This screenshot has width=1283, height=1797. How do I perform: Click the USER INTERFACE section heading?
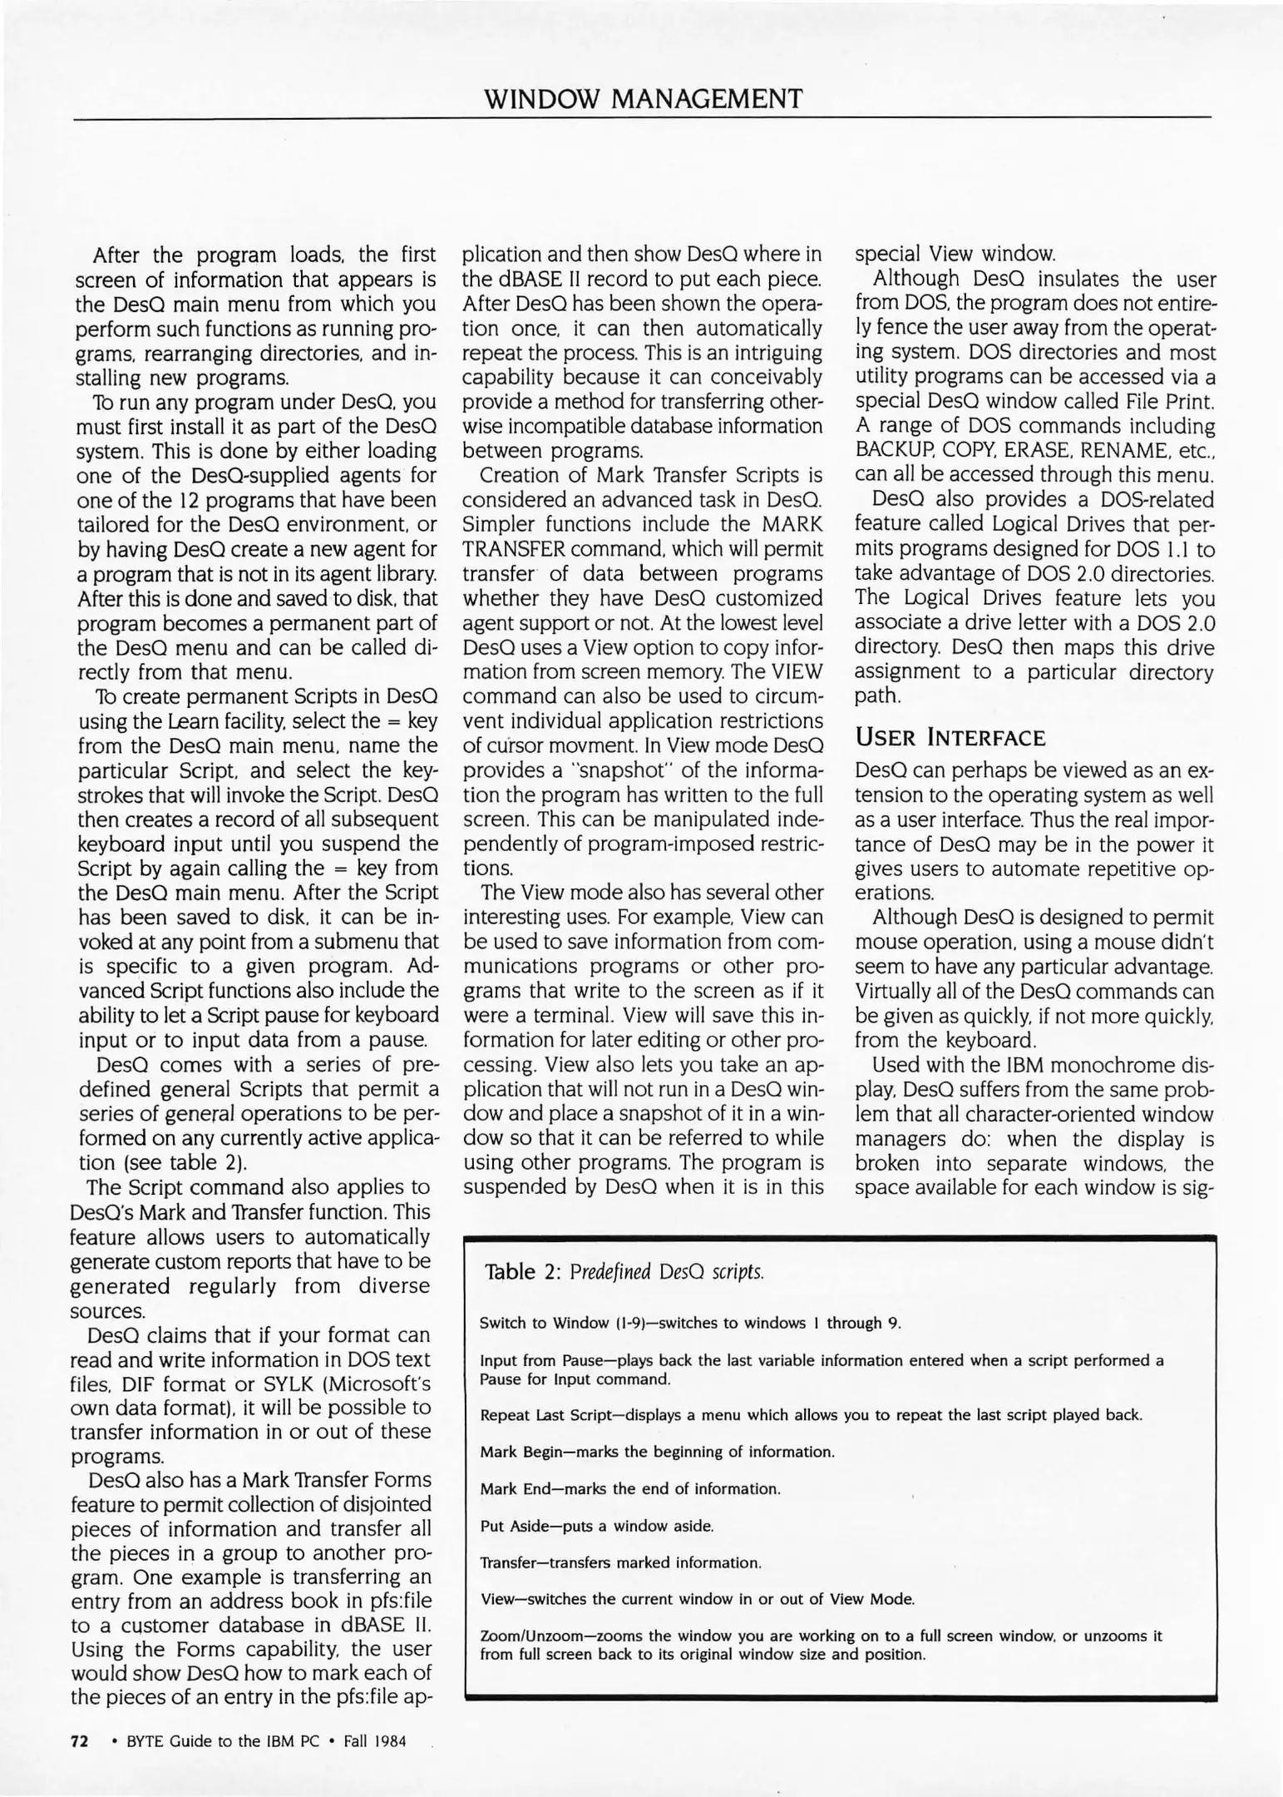[949, 737]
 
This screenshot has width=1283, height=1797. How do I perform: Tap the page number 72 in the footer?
[80, 1741]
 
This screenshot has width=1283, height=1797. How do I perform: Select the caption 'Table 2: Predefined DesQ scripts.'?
[624, 1271]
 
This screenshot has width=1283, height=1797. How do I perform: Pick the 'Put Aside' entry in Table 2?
[516, 1526]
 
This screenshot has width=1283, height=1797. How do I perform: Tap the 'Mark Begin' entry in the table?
[522, 1452]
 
